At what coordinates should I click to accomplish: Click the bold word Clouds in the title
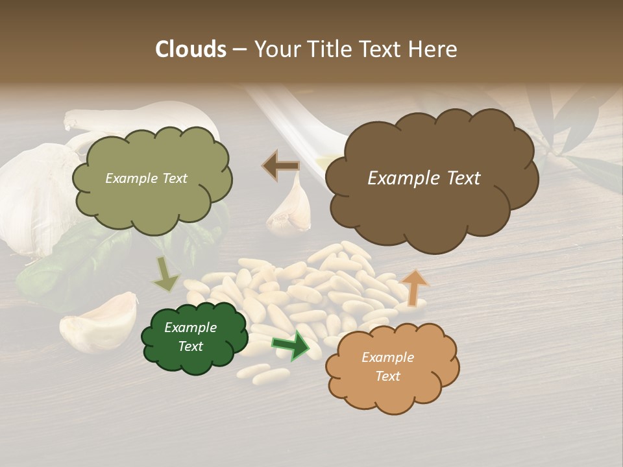(x=191, y=49)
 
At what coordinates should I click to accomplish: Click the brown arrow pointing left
(x=280, y=165)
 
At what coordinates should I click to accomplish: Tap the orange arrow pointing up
(x=414, y=287)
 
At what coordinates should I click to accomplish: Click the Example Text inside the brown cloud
(x=424, y=178)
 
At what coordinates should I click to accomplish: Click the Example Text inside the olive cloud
(x=146, y=178)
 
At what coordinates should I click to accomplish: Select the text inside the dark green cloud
(x=190, y=337)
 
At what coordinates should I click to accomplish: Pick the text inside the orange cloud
(x=387, y=366)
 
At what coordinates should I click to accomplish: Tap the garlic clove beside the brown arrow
(x=291, y=208)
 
